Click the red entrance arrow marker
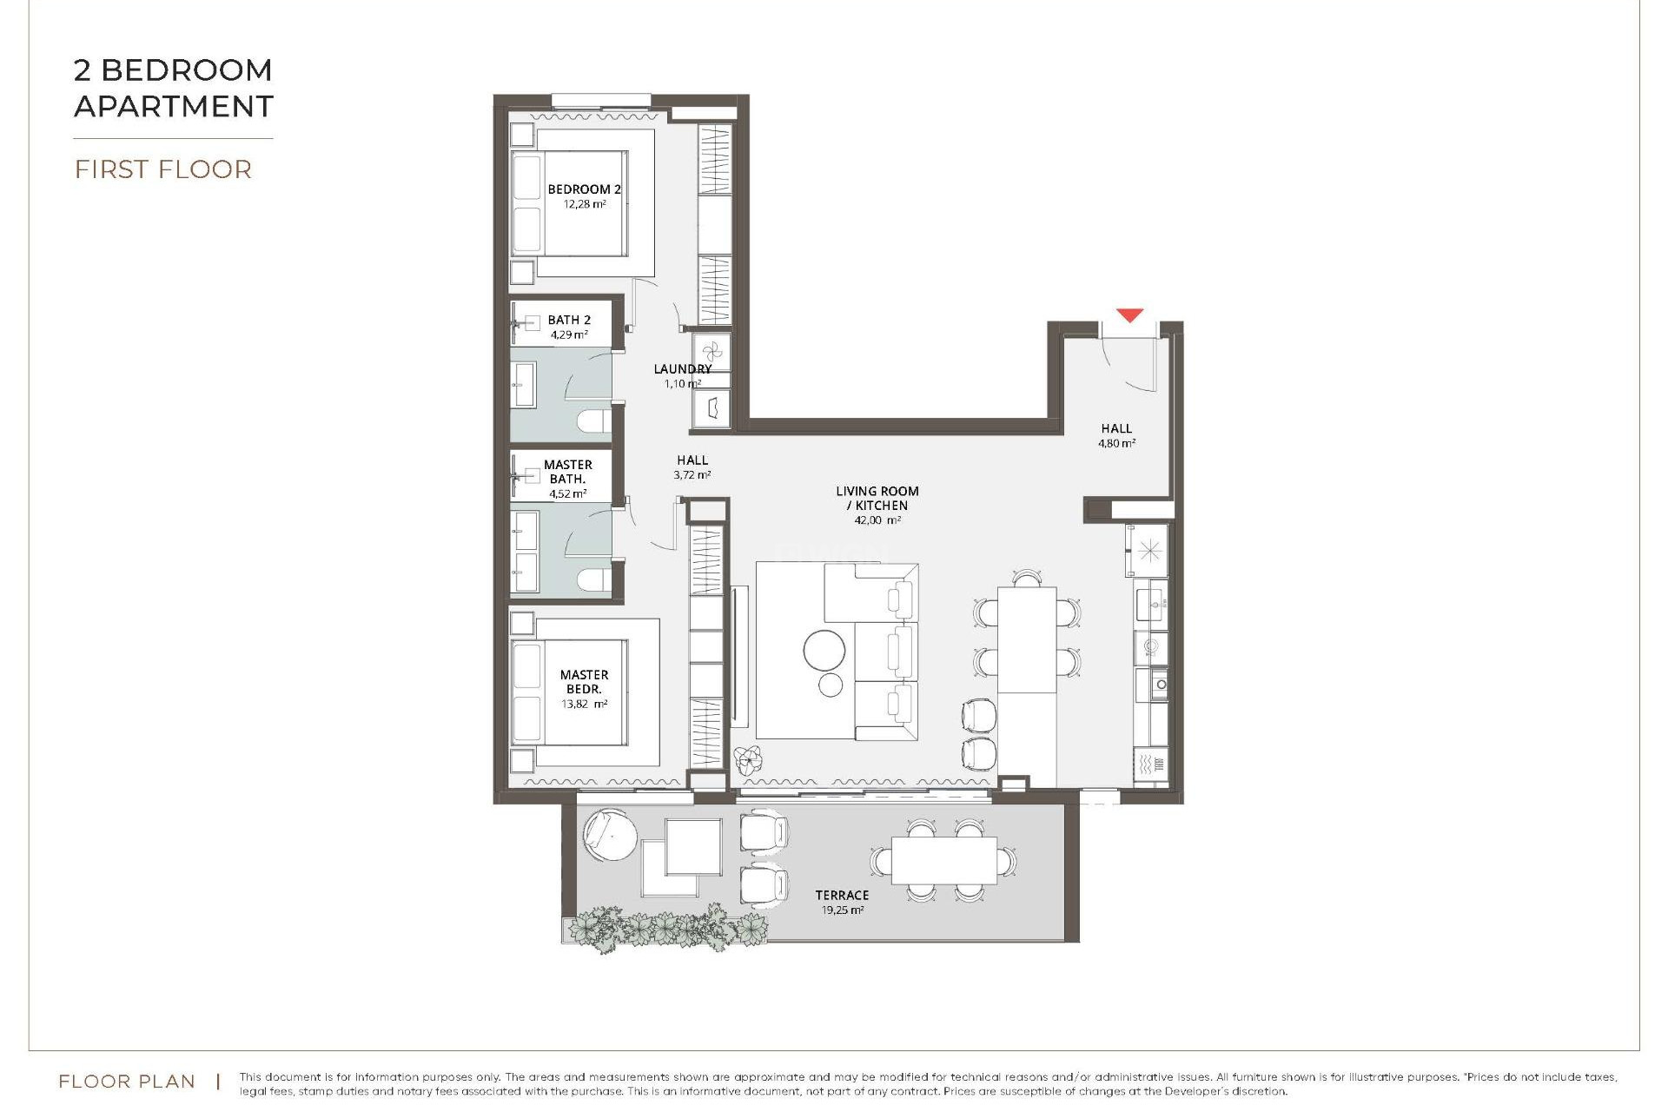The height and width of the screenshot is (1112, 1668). tap(1129, 314)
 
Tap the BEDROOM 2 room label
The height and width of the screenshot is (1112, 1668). tap(584, 189)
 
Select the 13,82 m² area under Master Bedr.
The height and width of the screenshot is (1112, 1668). tap(584, 705)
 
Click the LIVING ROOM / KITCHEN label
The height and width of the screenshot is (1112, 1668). tap(877, 498)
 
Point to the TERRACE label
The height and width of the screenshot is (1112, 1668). tap(842, 895)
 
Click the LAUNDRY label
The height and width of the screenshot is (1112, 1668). tap(682, 369)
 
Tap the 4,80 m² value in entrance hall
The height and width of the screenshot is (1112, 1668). tap(1116, 443)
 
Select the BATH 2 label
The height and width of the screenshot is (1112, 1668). tap(569, 320)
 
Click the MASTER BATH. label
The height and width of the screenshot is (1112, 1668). tap(568, 472)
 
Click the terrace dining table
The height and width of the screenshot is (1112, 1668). tap(943, 859)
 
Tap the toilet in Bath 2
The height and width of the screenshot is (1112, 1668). tap(593, 424)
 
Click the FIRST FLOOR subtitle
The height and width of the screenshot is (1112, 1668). tap(163, 169)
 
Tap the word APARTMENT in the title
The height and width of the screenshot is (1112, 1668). tap(174, 107)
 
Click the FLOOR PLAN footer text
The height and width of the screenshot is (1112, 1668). tap(127, 1082)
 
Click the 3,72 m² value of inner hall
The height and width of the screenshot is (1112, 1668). tap(692, 475)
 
